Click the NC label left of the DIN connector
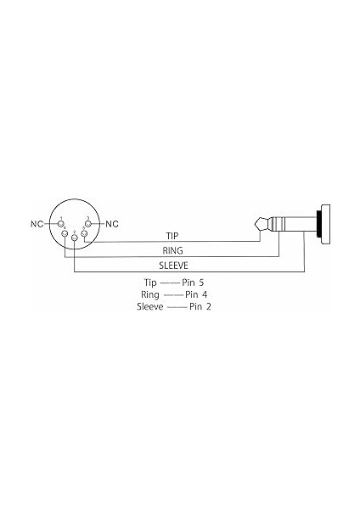[x=36, y=224]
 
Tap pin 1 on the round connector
[x=60, y=224]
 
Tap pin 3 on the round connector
[x=87, y=224]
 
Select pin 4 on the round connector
[x=66, y=237]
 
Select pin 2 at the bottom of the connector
[x=75, y=240]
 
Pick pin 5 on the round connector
[x=83, y=237]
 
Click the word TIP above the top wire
[x=172, y=236]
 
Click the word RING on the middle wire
[x=172, y=252]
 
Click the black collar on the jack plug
[x=317, y=225]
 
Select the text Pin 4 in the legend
[x=196, y=294]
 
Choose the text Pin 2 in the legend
[x=200, y=305]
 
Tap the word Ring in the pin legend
[x=151, y=294]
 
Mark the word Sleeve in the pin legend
[x=149, y=305]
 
